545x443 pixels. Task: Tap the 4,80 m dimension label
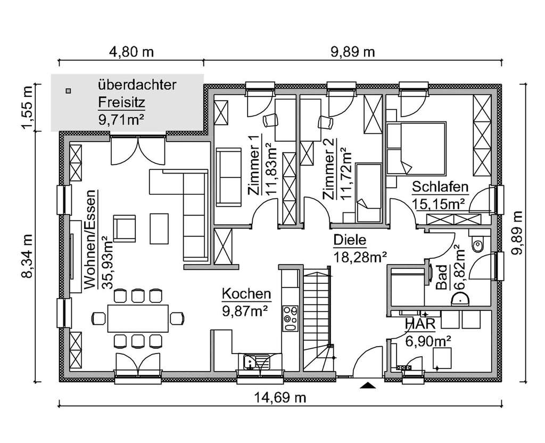click(x=131, y=52)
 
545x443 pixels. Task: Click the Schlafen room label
click(x=440, y=187)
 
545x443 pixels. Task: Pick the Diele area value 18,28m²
click(x=360, y=258)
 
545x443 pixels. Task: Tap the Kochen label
click(x=246, y=294)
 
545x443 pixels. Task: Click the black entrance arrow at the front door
click(x=367, y=385)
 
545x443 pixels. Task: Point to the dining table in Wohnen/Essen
click(x=138, y=318)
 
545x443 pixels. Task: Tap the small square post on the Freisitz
click(x=68, y=91)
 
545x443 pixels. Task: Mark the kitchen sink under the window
click(x=250, y=362)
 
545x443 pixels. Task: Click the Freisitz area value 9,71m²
click(x=122, y=120)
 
